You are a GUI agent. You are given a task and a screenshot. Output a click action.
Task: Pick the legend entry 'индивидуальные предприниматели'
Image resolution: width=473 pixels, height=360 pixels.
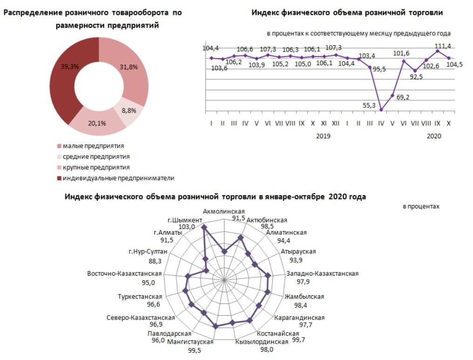click(118, 178)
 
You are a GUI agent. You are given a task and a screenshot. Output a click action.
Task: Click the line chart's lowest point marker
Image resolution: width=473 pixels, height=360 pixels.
click(381, 110)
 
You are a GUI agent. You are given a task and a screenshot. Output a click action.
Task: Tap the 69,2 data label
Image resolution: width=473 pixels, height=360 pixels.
click(404, 97)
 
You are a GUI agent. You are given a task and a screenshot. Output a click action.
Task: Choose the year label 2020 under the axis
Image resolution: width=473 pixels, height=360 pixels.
click(434, 136)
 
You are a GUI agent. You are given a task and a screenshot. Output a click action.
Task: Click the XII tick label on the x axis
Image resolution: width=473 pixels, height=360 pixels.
click(336, 123)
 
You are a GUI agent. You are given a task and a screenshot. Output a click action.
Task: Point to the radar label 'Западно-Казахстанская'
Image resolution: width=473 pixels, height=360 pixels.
click(322, 273)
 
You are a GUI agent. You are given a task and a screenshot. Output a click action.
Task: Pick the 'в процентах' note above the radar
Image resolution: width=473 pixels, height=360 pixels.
click(421, 206)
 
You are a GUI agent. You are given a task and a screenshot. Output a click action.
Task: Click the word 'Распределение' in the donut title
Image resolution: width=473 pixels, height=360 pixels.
click(33, 13)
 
